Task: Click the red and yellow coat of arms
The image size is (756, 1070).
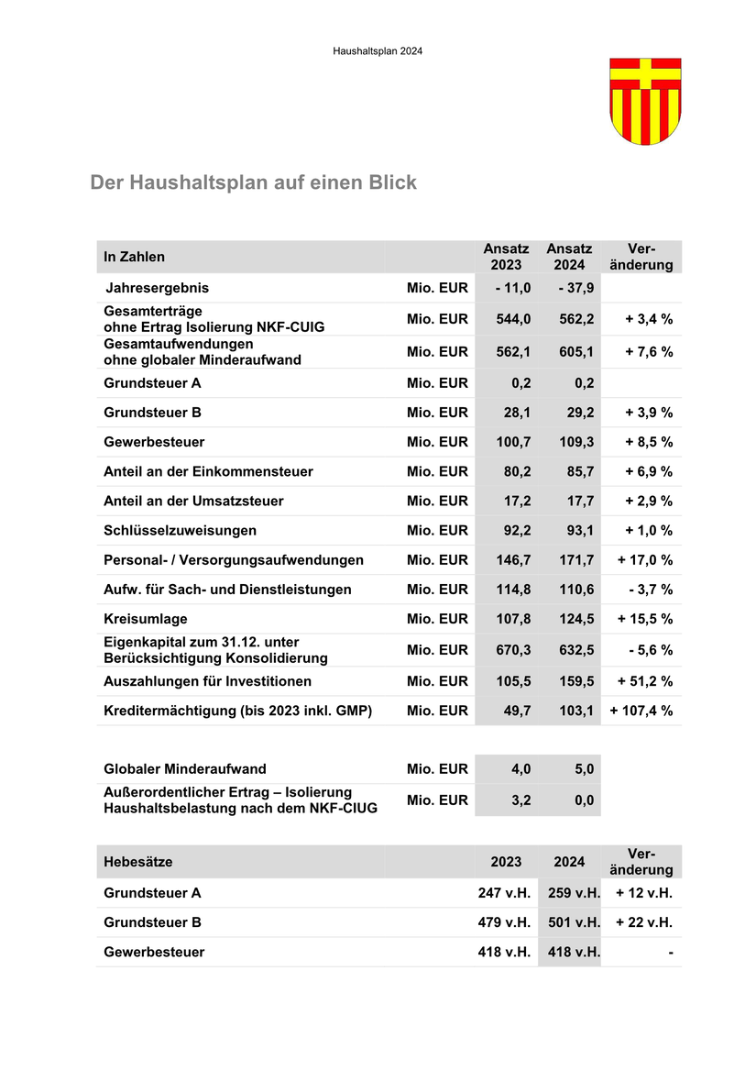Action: [x=645, y=101]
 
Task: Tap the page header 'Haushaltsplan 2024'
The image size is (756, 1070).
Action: [x=378, y=51]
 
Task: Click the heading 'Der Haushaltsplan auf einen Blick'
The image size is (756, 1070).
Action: [x=253, y=182]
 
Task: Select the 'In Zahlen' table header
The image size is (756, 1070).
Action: [x=135, y=257]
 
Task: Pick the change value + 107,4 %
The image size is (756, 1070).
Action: [x=641, y=711]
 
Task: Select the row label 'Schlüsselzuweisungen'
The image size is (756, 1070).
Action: [x=181, y=530]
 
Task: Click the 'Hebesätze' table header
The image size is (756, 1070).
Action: [x=138, y=862]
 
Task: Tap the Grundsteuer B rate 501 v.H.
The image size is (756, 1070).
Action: [x=574, y=922]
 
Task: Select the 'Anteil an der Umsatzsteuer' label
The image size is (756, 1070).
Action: [x=194, y=501]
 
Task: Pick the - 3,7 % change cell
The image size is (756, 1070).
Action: [x=651, y=589]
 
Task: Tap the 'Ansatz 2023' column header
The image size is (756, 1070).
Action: [x=507, y=257]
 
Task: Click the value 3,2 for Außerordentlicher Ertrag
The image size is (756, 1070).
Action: [x=520, y=800]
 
